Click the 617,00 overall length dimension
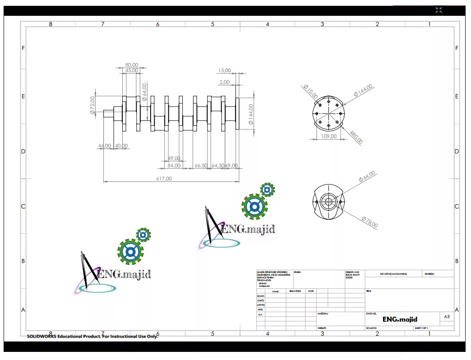click(164, 179)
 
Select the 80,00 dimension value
click(131, 65)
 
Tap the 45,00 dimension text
click(132, 71)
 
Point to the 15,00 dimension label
click(224, 70)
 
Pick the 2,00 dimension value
click(224, 82)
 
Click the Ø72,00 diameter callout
click(93, 105)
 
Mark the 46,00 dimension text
click(105, 146)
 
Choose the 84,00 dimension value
click(174, 166)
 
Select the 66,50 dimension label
click(201, 166)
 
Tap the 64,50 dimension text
click(217, 166)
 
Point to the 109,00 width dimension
click(328, 136)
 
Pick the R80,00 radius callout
click(356, 137)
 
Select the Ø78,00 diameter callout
click(369, 222)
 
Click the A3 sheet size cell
click(447, 317)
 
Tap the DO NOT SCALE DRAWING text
click(393, 274)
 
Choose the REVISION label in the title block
click(429, 274)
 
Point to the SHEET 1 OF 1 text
click(421, 328)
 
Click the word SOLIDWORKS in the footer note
click(42, 337)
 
